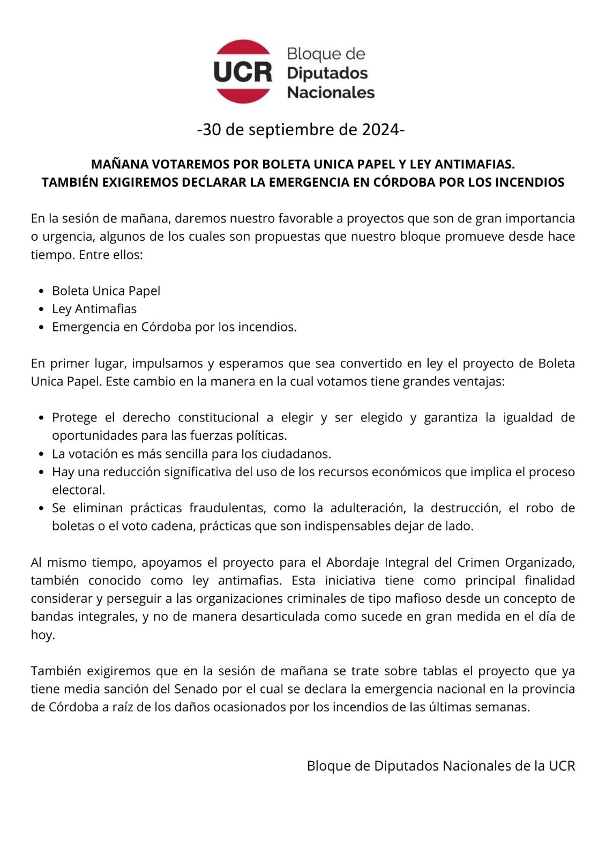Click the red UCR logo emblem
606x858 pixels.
[x=243, y=71]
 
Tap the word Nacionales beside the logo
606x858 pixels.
[x=331, y=92]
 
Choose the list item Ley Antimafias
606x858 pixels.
[x=94, y=309]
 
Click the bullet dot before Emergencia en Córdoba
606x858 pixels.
[x=42, y=327]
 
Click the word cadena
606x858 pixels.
[x=174, y=526]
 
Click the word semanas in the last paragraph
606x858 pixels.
[x=504, y=707]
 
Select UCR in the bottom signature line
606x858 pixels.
[x=562, y=766]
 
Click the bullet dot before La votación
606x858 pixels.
[x=42, y=454]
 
